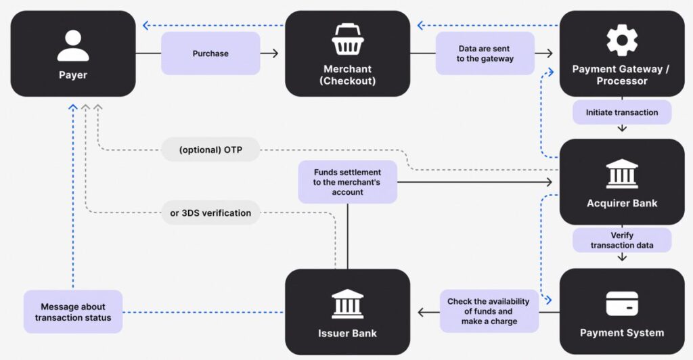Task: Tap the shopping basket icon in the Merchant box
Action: click(x=348, y=41)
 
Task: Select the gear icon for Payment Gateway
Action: click(x=622, y=40)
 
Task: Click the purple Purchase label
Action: click(x=210, y=53)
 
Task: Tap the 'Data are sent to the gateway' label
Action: click(x=485, y=53)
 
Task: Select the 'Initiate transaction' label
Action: click(x=622, y=112)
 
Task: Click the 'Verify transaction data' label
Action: click(x=622, y=240)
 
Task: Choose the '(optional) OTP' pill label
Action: click(x=210, y=150)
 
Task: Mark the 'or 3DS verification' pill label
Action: click(x=210, y=212)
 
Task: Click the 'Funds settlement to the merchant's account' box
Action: click(x=347, y=182)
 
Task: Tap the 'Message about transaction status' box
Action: click(x=73, y=312)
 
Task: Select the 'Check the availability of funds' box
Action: click(x=489, y=311)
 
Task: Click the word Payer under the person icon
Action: click(x=73, y=75)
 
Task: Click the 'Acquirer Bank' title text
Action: click(x=622, y=203)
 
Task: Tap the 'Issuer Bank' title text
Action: click(x=347, y=333)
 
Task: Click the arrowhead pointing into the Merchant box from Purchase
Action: click(x=275, y=53)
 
